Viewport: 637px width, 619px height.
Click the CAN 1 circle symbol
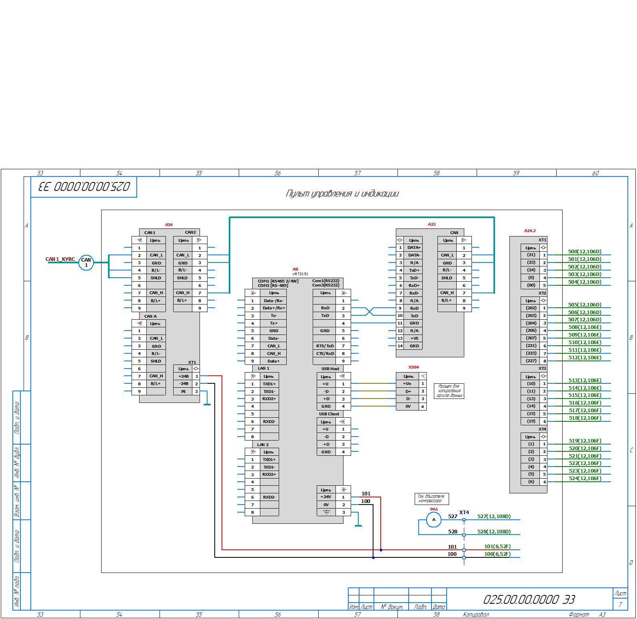pyautogui.click(x=86, y=262)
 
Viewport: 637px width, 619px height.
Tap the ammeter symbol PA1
pyautogui.click(x=434, y=520)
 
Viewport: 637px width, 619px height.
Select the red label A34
pyautogui.click(x=169, y=225)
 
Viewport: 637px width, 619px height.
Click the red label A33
pyautogui.click(x=431, y=224)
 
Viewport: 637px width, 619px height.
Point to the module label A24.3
pyautogui.click(x=529, y=231)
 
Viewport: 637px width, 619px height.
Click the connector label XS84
pyautogui.click(x=413, y=367)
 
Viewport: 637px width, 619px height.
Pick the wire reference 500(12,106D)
pyautogui.click(x=584, y=252)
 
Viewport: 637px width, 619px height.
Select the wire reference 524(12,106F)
pyautogui.click(x=584, y=479)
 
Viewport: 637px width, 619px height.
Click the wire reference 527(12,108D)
pyautogui.click(x=494, y=517)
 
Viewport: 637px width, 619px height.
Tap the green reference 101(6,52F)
pyautogui.click(x=497, y=547)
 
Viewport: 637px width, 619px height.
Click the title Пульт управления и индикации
pyautogui.click(x=342, y=194)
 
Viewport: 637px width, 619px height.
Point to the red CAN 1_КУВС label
pyautogui.click(x=60, y=259)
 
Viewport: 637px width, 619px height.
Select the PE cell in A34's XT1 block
pyautogui.click(x=183, y=391)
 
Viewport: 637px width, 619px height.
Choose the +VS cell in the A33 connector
pyautogui.click(x=414, y=339)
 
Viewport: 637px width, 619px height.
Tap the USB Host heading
pyautogui.click(x=330, y=369)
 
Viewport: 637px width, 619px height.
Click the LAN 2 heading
pyautogui.click(x=263, y=445)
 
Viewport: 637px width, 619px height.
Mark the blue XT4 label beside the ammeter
pyautogui.click(x=464, y=513)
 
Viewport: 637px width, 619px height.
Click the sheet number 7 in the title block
pyautogui.click(x=620, y=604)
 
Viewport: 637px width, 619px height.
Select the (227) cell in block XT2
pyautogui.click(x=531, y=361)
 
